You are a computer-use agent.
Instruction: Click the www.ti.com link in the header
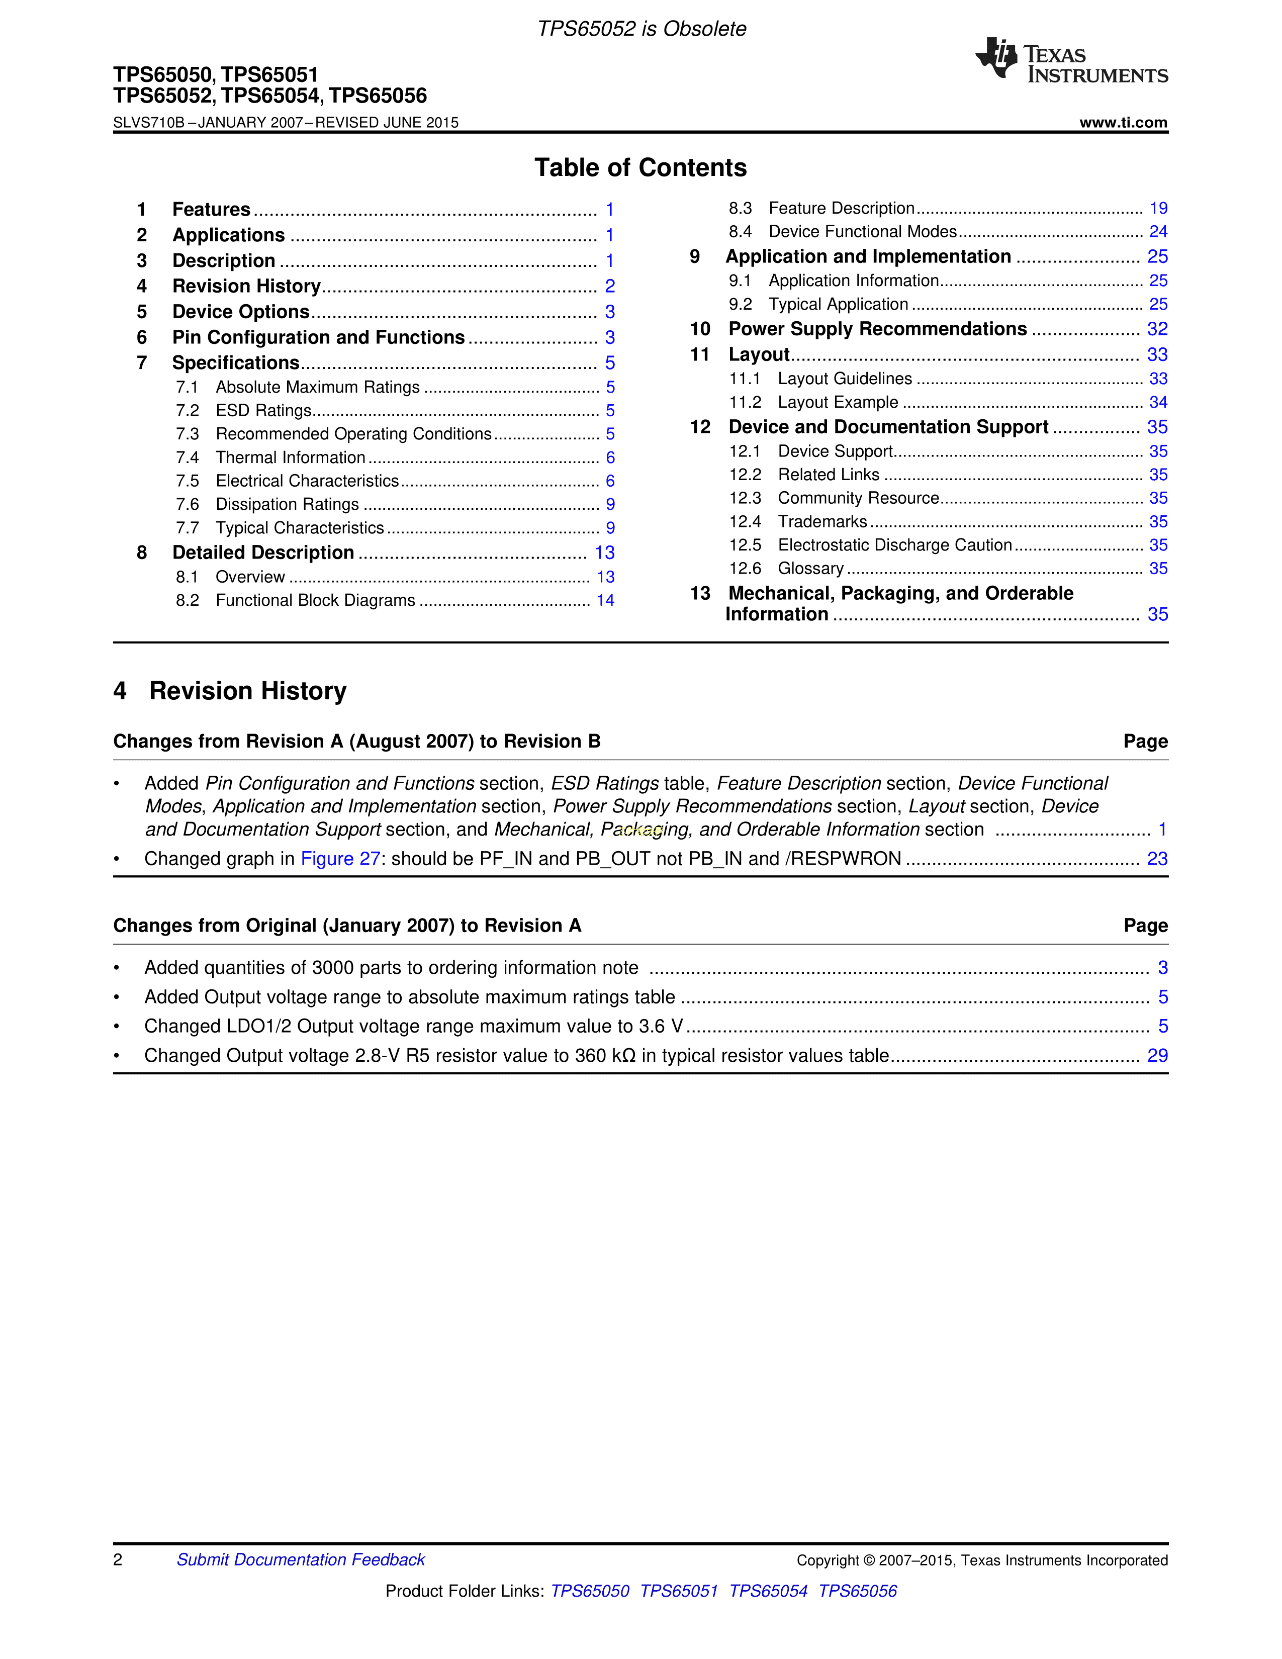[x=1123, y=122]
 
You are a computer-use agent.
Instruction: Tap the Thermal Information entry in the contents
[x=290, y=457]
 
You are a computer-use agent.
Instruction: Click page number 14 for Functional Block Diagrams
[x=605, y=600]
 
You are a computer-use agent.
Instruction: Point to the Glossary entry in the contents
[x=810, y=568]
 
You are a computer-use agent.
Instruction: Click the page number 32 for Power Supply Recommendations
[x=1157, y=329]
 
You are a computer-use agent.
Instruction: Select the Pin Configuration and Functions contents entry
[x=318, y=337]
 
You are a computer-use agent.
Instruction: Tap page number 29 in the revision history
[x=1157, y=1055]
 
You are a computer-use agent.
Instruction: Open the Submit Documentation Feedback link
[x=301, y=1559]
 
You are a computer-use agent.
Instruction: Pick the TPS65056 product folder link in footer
[x=858, y=1591]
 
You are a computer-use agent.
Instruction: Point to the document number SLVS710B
[x=149, y=122]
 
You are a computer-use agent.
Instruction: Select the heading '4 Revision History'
[x=230, y=690]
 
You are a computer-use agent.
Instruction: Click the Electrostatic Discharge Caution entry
[x=895, y=544]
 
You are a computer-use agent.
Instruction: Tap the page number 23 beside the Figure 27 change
[x=1157, y=858]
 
